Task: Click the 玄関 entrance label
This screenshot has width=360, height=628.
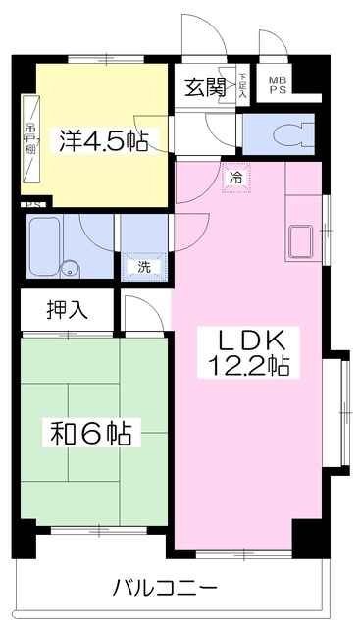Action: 203,85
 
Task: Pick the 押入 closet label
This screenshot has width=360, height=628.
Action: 68,310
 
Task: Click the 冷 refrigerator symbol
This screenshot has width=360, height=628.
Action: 235,179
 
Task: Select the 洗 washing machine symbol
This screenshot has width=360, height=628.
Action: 143,266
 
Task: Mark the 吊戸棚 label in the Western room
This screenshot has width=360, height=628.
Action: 30,138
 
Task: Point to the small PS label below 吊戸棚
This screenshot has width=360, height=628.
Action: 31,204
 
